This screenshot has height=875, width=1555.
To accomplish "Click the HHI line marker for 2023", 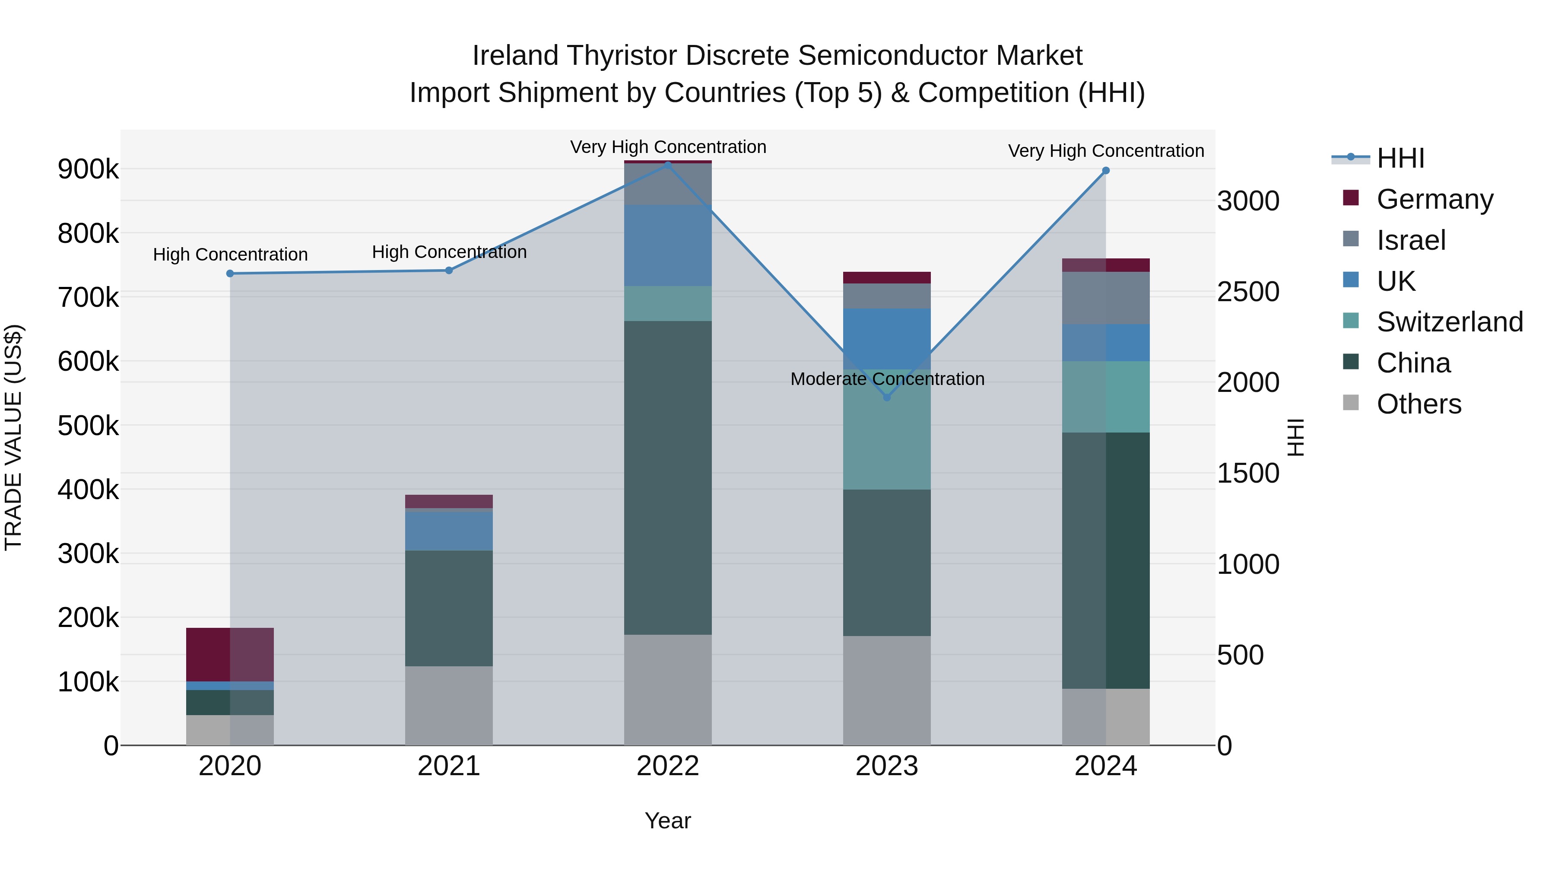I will (x=887, y=398).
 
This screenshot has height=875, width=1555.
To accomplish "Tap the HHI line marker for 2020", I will (x=230, y=274).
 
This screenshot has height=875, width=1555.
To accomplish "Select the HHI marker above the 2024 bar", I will (x=1106, y=171).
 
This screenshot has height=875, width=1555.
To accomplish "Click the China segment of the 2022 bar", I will (x=668, y=477).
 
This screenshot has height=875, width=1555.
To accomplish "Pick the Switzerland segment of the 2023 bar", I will (x=887, y=429).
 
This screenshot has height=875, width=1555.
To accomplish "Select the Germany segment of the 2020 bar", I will (x=230, y=655).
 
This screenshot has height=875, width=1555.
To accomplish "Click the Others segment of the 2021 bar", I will (x=448, y=705).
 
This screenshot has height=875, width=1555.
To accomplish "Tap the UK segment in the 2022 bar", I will (x=668, y=245).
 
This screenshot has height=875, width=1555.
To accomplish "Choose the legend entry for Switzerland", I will (x=1449, y=322).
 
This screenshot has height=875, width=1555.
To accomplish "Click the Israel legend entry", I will (x=1411, y=240).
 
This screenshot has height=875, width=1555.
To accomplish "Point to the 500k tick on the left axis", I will (x=88, y=426).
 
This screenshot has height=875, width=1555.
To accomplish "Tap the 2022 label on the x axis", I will (x=668, y=766).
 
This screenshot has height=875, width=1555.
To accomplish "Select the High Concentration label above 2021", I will (x=448, y=252).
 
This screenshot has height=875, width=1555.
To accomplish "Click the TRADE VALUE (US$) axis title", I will (x=13, y=437).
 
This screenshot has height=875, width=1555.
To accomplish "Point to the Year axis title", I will (x=668, y=821).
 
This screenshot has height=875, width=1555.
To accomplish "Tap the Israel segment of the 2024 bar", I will (x=1106, y=298).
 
